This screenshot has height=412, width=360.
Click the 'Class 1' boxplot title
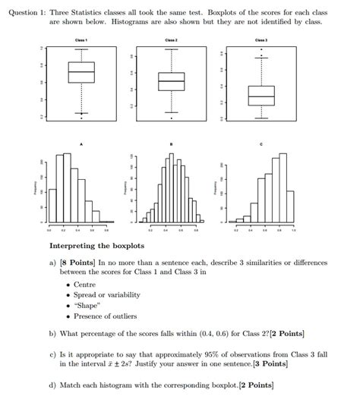(81, 39)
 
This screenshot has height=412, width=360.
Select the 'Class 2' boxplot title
(171, 39)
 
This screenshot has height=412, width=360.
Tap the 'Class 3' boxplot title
(261, 39)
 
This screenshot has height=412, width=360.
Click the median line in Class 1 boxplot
(81, 72)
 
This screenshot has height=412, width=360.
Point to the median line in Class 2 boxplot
(171, 81)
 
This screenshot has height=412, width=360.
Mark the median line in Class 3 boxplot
(261, 96)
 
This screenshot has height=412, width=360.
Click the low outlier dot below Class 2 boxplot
(171, 118)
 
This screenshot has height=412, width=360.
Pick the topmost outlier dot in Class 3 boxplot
(261, 49)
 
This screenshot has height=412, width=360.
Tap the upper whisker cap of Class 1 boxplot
(81, 49)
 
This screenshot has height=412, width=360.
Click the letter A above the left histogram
(81, 143)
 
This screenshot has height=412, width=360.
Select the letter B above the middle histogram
(171, 143)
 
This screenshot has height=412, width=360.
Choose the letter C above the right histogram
(261, 143)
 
